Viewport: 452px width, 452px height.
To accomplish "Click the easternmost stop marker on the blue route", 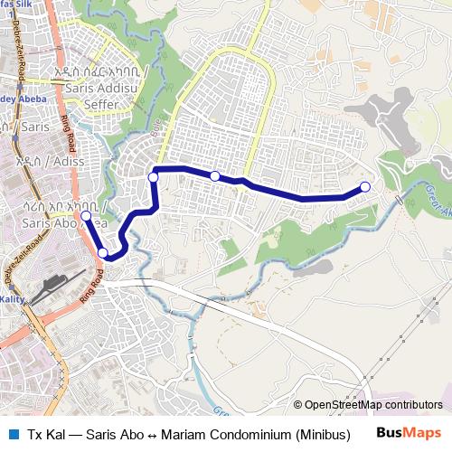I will tap(365, 187).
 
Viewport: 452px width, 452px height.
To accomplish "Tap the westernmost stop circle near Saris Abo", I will tap(86, 217).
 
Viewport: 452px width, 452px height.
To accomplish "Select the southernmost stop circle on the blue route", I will tap(104, 253).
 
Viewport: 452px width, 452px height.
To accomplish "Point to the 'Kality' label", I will tap(14, 297).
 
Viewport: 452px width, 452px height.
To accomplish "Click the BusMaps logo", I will tap(409, 433).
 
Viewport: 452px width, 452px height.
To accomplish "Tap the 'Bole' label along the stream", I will tap(166, 120).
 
